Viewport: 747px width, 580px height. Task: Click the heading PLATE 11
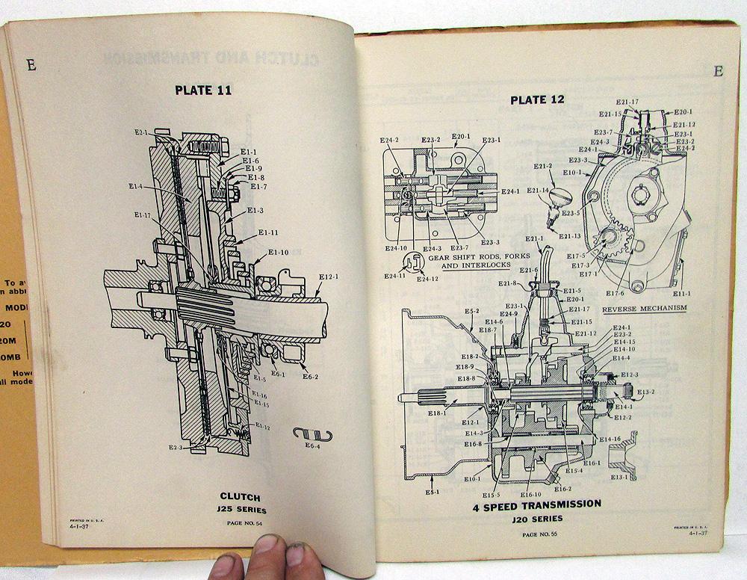pyautogui.click(x=202, y=90)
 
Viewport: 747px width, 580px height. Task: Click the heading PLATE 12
pyautogui.click(x=537, y=99)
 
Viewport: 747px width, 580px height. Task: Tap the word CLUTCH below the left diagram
pyautogui.click(x=240, y=496)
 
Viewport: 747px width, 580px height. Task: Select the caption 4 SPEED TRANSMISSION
pyautogui.click(x=536, y=504)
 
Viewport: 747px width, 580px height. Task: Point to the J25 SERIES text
pyautogui.click(x=241, y=510)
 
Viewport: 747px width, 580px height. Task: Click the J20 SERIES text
pyautogui.click(x=537, y=518)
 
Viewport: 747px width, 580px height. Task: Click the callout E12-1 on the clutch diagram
pyautogui.click(x=329, y=277)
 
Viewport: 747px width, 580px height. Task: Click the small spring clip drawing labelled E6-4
pyautogui.click(x=312, y=434)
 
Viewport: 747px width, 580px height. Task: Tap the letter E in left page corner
pyautogui.click(x=31, y=65)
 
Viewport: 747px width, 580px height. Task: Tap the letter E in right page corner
pyautogui.click(x=718, y=71)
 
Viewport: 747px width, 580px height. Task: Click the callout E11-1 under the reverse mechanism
pyautogui.click(x=681, y=294)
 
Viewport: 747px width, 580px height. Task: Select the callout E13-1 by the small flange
pyautogui.click(x=620, y=476)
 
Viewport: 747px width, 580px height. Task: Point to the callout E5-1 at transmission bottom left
pyautogui.click(x=433, y=492)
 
